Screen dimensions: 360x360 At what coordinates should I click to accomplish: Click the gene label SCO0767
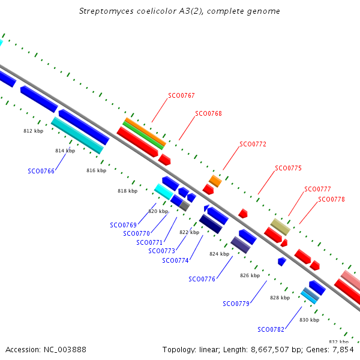point(181,95)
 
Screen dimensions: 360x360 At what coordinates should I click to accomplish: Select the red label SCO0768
point(208,113)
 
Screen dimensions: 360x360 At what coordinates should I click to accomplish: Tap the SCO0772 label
point(253,144)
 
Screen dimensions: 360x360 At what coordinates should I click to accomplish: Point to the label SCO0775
point(288,168)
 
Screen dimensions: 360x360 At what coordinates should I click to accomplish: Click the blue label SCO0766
point(41,171)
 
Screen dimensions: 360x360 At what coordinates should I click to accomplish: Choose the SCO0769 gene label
point(123,225)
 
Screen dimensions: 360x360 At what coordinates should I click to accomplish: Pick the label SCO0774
point(175,260)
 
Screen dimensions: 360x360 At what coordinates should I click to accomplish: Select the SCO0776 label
point(202,279)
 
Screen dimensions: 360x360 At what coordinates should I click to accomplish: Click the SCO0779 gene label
point(236,304)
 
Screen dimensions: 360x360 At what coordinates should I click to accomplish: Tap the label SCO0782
point(271,329)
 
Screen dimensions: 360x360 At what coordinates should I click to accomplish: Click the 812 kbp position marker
point(33,131)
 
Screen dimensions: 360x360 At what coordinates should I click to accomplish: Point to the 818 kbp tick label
point(127,191)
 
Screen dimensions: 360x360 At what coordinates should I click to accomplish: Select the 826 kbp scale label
point(250,275)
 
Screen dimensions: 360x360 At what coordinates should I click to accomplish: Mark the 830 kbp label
point(309,320)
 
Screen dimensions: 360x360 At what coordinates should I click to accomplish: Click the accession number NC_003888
point(65,350)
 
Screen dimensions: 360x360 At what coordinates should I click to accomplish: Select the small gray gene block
point(185,206)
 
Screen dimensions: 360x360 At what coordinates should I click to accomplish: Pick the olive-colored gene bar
point(280,227)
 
